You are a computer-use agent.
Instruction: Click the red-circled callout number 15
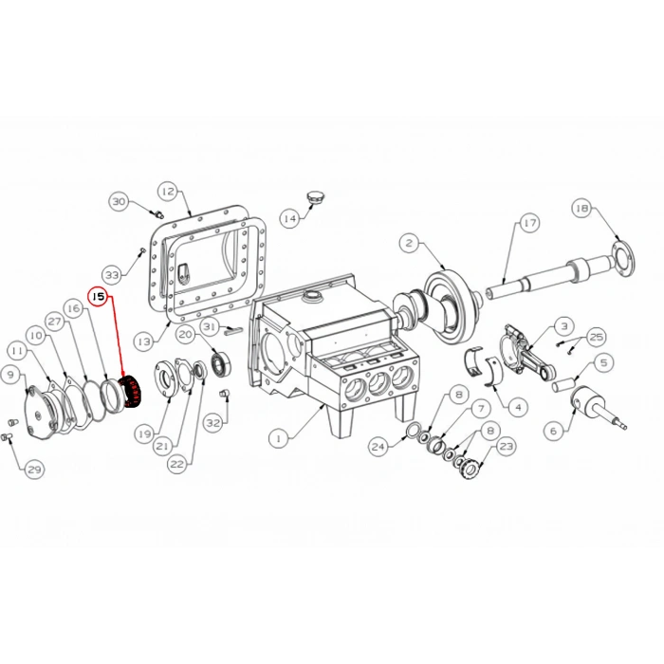(99, 296)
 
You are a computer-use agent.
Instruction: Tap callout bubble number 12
(168, 192)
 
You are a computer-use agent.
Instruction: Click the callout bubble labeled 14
(290, 218)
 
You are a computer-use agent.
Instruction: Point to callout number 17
(529, 223)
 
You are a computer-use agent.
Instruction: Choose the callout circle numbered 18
(582, 208)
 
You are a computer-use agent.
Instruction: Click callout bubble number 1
(278, 438)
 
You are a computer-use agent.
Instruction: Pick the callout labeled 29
(35, 470)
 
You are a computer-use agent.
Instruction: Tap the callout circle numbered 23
(506, 446)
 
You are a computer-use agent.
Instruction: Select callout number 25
(597, 337)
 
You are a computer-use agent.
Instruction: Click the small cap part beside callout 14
(314, 197)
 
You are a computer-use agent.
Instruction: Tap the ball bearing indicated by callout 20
(221, 364)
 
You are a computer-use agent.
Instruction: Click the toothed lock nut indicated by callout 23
(469, 468)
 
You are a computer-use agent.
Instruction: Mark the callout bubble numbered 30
(119, 201)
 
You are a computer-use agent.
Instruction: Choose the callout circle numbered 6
(554, 431)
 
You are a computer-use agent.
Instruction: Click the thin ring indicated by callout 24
(412, 432)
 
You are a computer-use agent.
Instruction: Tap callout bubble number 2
(409, 243)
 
